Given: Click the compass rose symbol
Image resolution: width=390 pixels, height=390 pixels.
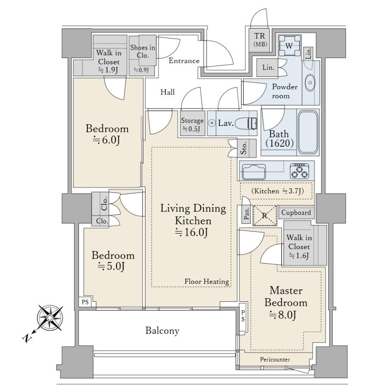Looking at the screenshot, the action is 50,318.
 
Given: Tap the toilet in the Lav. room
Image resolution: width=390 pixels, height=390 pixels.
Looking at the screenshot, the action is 246,123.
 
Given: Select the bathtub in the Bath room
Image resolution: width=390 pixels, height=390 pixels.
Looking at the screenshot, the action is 308,132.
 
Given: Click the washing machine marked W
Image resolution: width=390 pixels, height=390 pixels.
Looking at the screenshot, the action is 289,46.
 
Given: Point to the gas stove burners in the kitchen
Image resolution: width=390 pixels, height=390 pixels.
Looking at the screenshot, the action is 299,171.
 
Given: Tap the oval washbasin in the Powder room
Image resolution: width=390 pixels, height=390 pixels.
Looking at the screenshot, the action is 310,82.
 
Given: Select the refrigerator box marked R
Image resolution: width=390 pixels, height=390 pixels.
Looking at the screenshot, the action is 265,215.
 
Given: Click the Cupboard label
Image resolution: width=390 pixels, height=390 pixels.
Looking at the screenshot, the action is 296,212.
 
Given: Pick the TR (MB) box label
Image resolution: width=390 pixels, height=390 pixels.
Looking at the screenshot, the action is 260,40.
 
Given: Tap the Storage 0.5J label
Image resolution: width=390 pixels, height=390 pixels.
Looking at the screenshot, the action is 192,124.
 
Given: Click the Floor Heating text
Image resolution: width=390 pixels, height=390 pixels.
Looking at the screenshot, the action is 207,282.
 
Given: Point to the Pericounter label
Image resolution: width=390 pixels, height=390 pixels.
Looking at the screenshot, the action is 275,360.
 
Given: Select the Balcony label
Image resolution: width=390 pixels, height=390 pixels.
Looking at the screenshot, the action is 162,331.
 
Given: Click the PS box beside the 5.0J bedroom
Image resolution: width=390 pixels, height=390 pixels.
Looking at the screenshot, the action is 85,302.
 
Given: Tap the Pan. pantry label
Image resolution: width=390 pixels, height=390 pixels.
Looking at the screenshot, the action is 247,214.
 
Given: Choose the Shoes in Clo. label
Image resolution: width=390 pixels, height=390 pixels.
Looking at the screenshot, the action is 143,51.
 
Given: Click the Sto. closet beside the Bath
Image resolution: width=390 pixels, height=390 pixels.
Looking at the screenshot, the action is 247,148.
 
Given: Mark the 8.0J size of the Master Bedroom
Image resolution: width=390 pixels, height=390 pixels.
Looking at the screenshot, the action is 283,315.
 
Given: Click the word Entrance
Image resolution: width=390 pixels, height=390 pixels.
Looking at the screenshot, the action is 184,61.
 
